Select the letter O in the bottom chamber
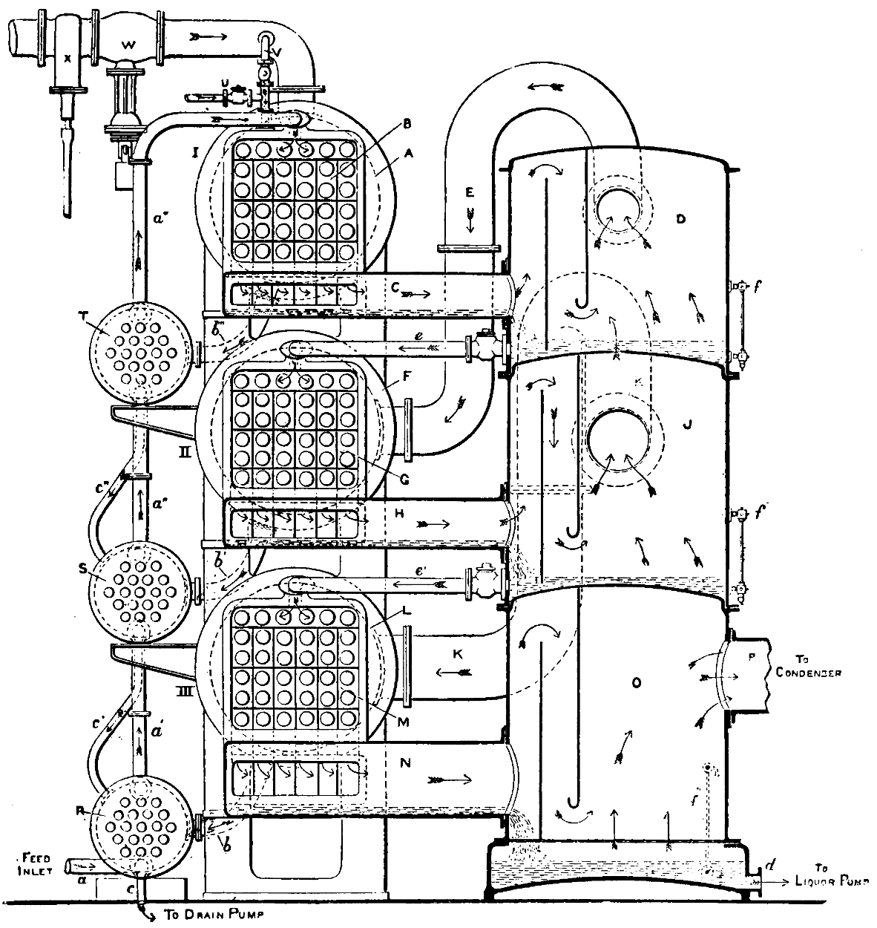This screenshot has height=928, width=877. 635,684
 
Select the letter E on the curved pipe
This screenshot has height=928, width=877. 468,190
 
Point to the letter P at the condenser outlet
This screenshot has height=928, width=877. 750,666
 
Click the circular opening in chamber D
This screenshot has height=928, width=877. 620,207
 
